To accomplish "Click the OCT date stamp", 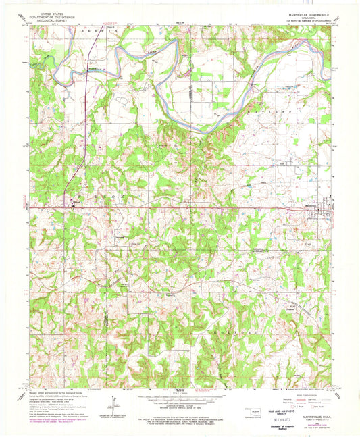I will coord(287,416).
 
